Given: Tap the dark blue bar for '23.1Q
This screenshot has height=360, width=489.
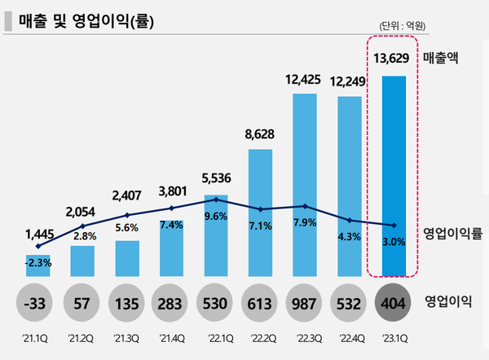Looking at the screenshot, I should (394, 175).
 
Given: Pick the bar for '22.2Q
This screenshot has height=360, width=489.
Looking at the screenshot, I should (260, 212).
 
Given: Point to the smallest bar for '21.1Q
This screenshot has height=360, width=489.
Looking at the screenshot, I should (37, 264).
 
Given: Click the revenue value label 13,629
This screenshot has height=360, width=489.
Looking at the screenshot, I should (394, 58).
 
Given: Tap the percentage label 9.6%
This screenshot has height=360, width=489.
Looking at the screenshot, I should (215, 217).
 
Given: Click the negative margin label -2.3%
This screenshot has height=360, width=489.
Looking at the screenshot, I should (37, 262).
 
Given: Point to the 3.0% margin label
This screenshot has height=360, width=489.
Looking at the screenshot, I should (394, 242).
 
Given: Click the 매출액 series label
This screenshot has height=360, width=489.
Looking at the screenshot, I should (444, 58).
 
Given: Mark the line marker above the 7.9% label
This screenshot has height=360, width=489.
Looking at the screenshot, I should (305, 206).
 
